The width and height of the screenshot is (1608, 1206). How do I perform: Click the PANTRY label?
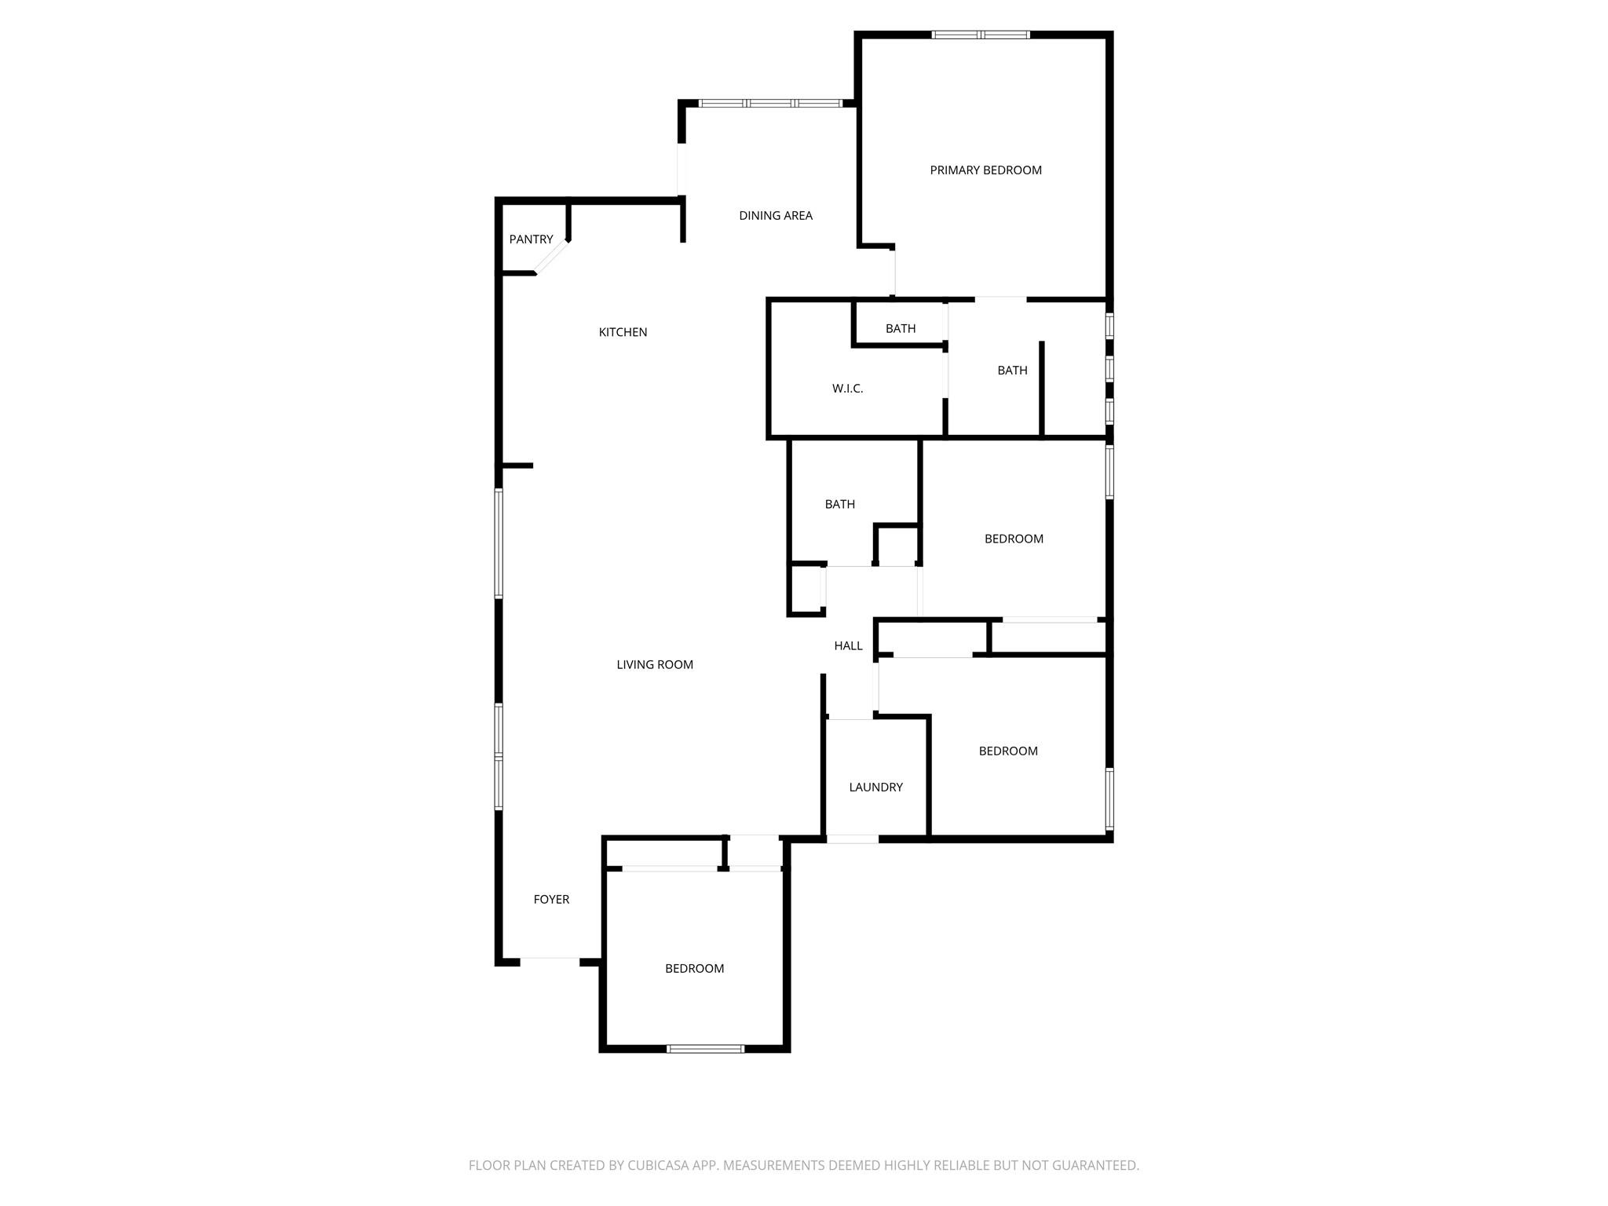click(x=531, y=239)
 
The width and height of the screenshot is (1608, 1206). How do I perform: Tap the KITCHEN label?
click(x=623, y=332)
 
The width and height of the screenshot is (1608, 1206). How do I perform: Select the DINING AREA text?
click(x=775, y=216)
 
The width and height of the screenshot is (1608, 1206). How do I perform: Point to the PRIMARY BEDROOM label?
click(x=985, y=170)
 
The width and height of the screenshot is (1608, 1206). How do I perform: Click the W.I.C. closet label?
click(x=847, y=389)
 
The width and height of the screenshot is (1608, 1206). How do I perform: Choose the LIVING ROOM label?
click(x=654, y=665)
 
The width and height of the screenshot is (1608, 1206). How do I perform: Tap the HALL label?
click(x=848, y=646)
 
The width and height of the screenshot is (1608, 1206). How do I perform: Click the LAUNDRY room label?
click(x=875, y=788)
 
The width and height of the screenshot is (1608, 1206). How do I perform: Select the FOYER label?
click(x=551, y=900)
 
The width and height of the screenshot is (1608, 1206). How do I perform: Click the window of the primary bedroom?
click(x=980, y=35)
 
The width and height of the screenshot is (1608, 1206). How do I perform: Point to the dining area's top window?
click(x=770, y=103)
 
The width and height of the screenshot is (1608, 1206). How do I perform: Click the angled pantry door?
click(x=552, y=258)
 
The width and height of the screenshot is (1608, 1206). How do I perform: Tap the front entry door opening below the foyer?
click(x=550, y=959)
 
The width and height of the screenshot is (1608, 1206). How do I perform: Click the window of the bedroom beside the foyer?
click(x=705, y=1048)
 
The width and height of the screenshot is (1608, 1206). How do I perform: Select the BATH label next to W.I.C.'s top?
click(x=900, y=329)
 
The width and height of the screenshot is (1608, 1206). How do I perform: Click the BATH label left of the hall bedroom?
click(x=839, y=505)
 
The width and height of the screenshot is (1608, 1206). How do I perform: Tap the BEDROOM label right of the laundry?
click(x=1007, y=751)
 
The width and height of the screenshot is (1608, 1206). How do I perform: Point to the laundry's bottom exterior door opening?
click(x=852, y=839)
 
